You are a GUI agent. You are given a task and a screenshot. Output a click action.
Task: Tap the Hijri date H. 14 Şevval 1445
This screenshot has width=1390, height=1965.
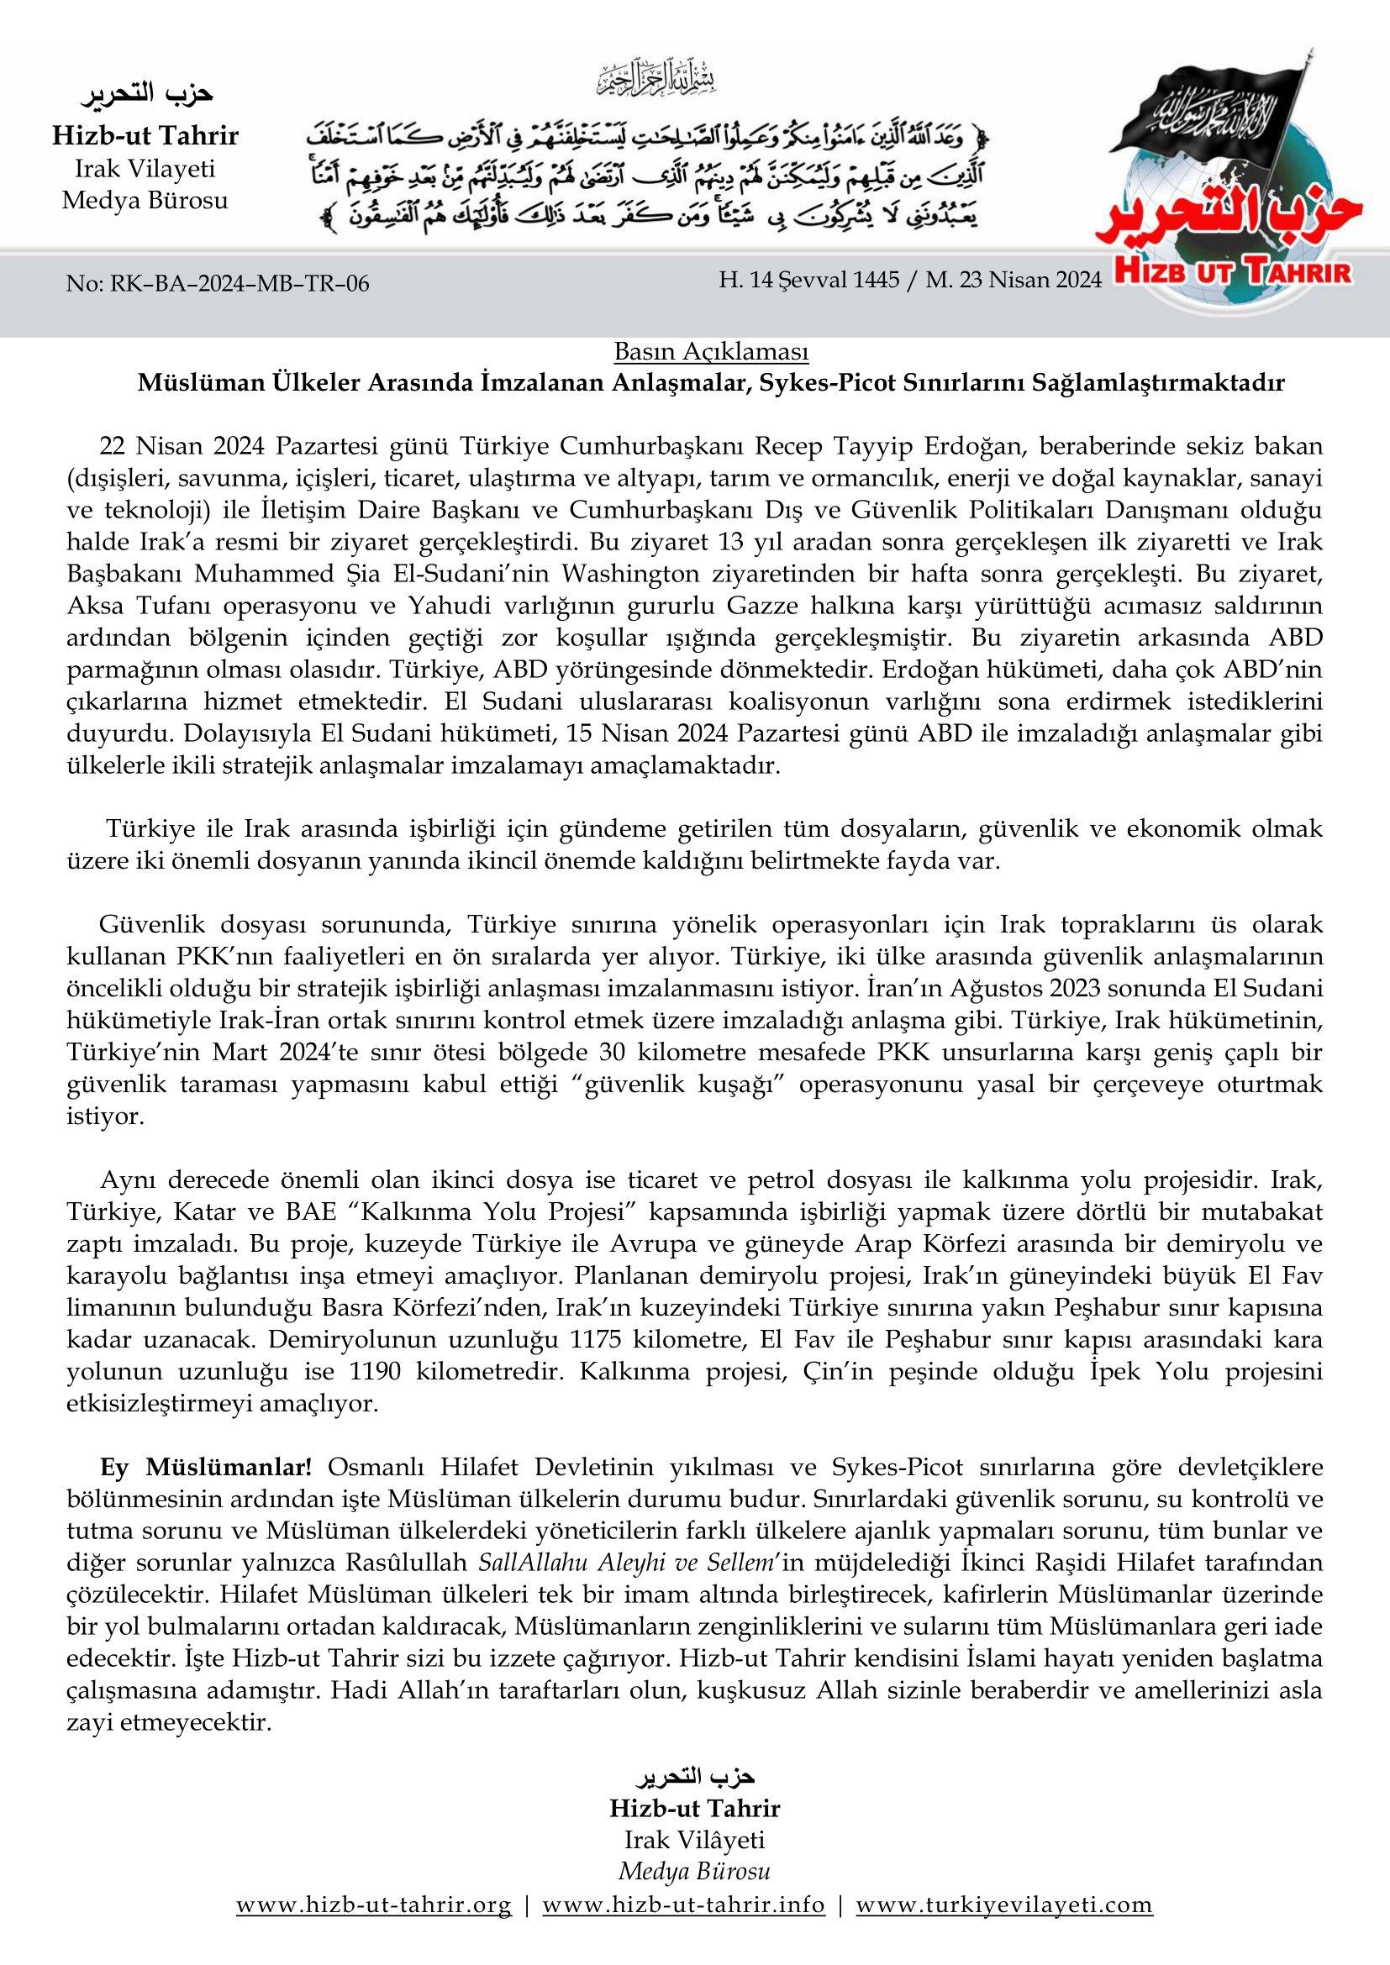click(808, 280)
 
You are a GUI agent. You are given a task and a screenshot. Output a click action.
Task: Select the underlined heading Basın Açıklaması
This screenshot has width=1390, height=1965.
click(710, 351)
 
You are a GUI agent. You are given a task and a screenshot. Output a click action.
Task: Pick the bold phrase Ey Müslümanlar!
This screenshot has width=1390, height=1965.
click(205, 1467)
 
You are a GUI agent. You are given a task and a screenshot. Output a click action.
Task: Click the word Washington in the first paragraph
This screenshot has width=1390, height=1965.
click(635, 574)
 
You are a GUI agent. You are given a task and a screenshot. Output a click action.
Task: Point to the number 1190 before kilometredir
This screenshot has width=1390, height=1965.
click(375, 1371)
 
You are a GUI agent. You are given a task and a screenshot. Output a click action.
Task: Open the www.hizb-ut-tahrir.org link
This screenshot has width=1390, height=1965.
click(374, 1929)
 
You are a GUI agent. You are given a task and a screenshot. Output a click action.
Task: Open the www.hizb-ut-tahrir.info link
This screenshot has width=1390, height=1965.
click(683, 1929)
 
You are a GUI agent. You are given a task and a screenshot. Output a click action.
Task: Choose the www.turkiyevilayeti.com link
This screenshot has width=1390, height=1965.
click(1004, 1929)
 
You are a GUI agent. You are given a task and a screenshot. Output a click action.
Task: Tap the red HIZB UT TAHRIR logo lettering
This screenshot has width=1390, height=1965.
click(1234, 273)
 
